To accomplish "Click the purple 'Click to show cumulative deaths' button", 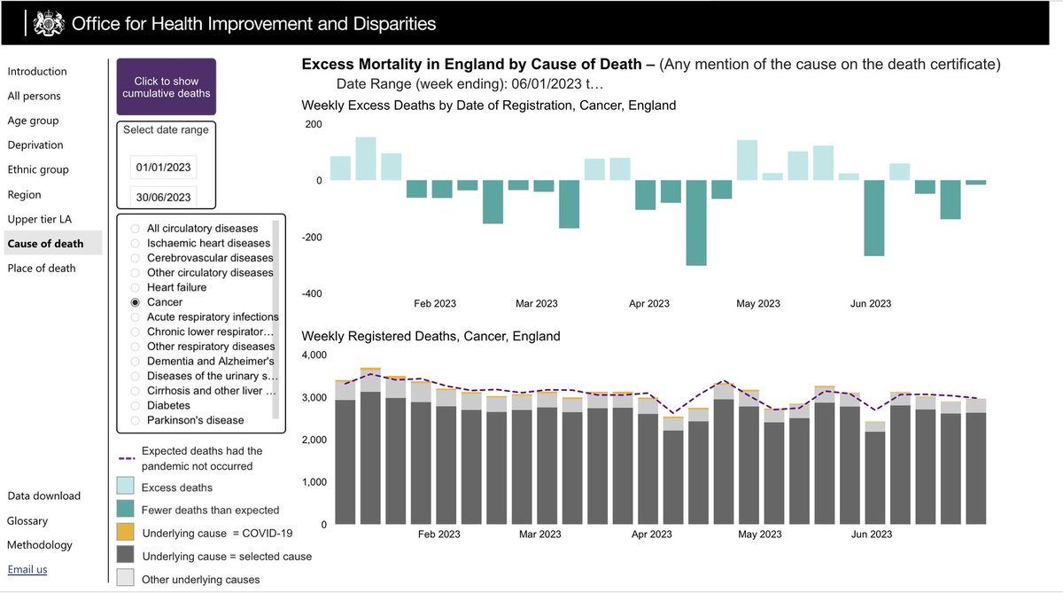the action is (x=167, y=87).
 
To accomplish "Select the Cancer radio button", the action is (x=136, y=302).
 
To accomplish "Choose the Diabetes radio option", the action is (x=136, y=405).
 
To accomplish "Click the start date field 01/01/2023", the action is (x=163, y=168).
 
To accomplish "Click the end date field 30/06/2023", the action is (x=163, y=197).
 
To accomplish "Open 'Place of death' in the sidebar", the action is (x=42, y=269).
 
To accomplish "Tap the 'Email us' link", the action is (x=27, y=569).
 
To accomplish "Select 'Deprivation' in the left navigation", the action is (x=35, y=144).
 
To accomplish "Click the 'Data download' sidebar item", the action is (x=43, y=495).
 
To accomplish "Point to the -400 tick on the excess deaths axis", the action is (x=312, y=293).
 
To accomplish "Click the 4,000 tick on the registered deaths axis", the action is (x=314, y=355).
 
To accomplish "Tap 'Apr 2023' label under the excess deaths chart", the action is (x=648, y=303).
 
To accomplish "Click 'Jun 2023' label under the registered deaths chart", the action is (x=872, y=534).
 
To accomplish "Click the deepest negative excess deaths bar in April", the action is (x=696, y=222).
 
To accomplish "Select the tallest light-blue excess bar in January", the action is (x=366, y=159).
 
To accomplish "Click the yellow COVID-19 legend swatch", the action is (x=125, y=532).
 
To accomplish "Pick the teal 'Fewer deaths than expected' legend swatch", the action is (x=125, y=509).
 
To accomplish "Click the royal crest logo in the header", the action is (x=49, y=23).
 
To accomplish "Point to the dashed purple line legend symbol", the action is (x=127, y=458).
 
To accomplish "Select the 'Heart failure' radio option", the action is (x=136, y=288).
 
